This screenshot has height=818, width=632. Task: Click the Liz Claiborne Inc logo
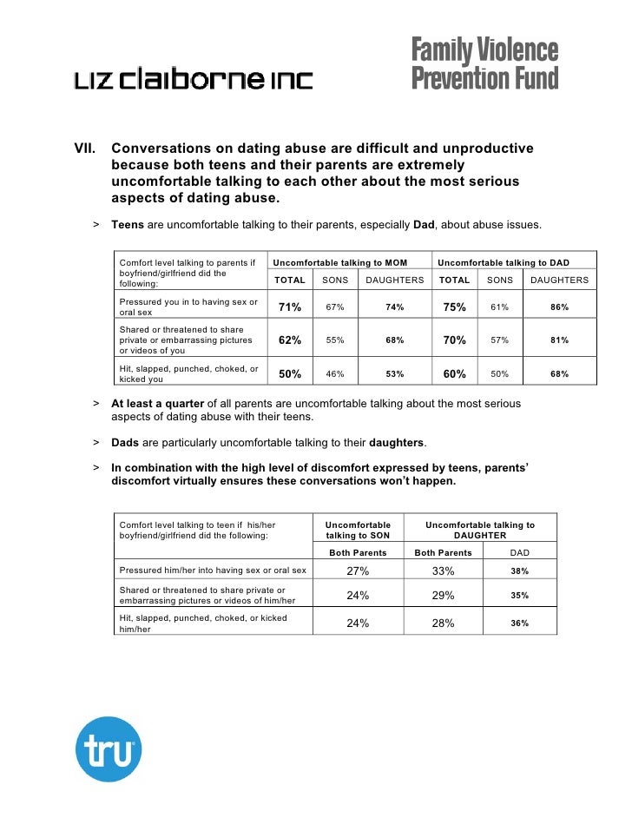pyautogui.click(x=193, y=80)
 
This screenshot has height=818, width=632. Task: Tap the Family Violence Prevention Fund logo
pyautogui.click(x=484, y=64)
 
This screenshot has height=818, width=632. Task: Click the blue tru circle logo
pyautogui.click(x=109, y=749)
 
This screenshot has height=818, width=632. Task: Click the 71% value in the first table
pyautogui.click(x=290, y=307)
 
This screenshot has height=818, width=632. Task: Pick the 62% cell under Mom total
pyautogui.click(x=290, y=340)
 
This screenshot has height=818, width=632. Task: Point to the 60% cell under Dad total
pyautogui.click(x=454, y=374)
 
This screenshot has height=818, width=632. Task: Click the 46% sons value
pyautogui.click(x=334, y=374)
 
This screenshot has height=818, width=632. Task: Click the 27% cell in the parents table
pyautogui.click(x=358, y=571)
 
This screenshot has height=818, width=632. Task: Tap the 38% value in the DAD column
pyautogui.click(x=519, y=571)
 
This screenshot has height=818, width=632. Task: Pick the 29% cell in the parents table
pyautogui.click(x=444, y=596)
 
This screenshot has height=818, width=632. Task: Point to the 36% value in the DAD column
pyautogui.click(x=519, y=623)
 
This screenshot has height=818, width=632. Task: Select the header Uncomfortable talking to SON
pyautogui.click(x=358, y=531)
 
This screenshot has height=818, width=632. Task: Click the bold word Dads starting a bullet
pyautogui.click(x=127, y=442)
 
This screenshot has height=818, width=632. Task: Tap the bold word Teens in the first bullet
pyautogui.click(x=128, y=225)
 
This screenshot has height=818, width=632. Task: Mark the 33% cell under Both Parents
pyautogui.click(x=444, y=571)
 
